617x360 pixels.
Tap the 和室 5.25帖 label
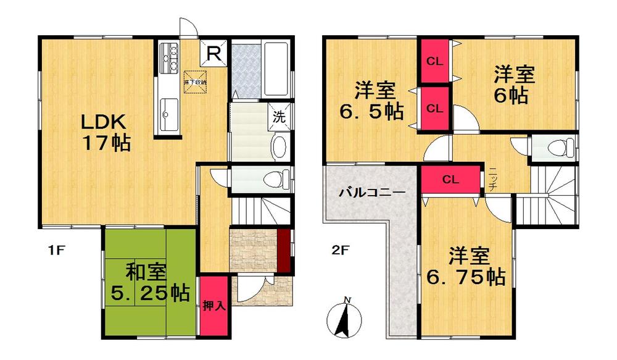(x=149, y=282)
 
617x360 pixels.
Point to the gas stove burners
(x=168, y=59)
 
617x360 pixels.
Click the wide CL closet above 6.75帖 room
(x=450, y=180)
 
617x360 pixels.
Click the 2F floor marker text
(x=341, y=251)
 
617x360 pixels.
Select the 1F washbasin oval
(x=278, y=146)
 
